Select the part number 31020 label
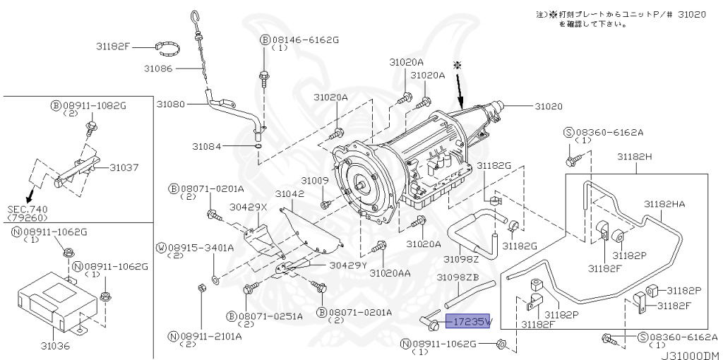[548, 106]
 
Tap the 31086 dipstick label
[158, 68]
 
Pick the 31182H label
[634, 156]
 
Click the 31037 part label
[124, 167]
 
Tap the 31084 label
[206, 146]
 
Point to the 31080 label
[170, 104]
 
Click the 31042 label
[289, 193]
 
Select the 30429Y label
[347, 265]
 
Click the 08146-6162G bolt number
[306, 40]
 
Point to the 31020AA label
[390, 272]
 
